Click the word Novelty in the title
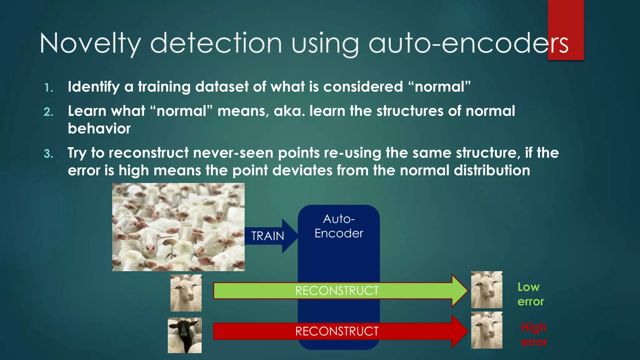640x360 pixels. click(x=90, y=44)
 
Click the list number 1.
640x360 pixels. click(x=48, y=88)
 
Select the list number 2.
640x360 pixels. click(x=48, y=112)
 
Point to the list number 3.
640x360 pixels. click(x=48, y=154)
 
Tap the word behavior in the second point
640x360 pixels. click(x=99, y=129)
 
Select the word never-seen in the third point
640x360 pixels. click(x=233, y=153)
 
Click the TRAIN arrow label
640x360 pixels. click(x=268, y=236)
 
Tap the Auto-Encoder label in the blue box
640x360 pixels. click(x=339, y=226)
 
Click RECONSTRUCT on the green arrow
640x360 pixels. click(x=337, y=291)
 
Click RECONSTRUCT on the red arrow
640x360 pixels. click(x=337, y=331)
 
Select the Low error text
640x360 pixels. click(x=530, y=294)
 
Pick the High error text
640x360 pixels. click(x=534, y=335)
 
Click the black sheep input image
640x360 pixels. click(x=185, y=335)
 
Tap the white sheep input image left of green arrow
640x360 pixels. click(x=186, y=293)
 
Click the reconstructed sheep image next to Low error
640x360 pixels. click(x=487, y=290)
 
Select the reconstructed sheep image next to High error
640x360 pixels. click(x=487, y=330)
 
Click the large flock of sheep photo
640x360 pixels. click(x=178, y=227)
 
